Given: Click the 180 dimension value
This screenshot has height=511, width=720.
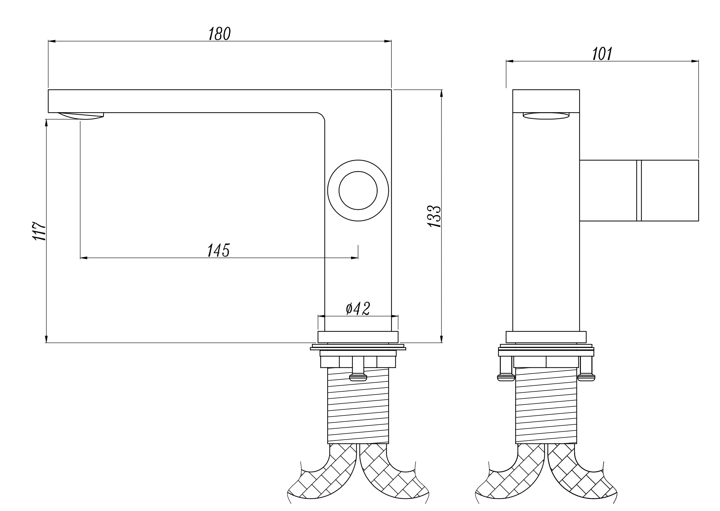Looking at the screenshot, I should point(220,34).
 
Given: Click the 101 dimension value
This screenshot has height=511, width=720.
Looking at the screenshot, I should point(602,54).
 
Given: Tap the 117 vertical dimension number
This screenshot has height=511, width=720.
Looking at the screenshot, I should point(39,231).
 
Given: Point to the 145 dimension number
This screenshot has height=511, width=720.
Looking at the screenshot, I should point(219,251).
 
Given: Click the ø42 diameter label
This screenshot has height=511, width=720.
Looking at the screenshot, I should point(358,309).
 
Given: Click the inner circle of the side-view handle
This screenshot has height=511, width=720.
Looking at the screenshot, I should point(358,190).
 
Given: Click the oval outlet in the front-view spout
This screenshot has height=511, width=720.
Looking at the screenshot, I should point(546,116).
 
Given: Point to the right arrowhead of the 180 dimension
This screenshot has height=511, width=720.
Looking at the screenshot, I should point(388,41).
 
